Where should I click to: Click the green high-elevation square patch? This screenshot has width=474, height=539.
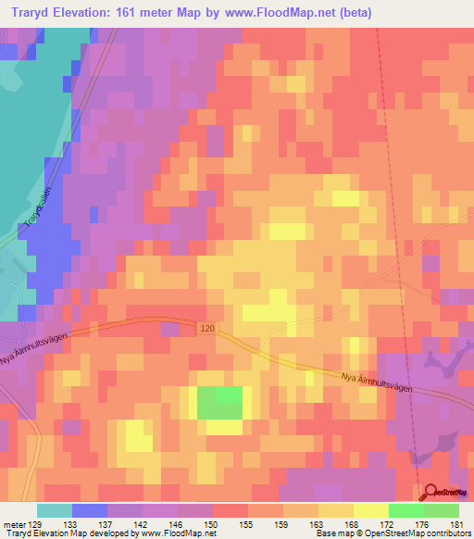tap(219, 404)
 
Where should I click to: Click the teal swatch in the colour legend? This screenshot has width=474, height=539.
tap(55, 510)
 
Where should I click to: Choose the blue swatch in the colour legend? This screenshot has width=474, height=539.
tap(90, 510)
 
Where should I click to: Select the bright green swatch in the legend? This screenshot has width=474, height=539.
tap(406, 510)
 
